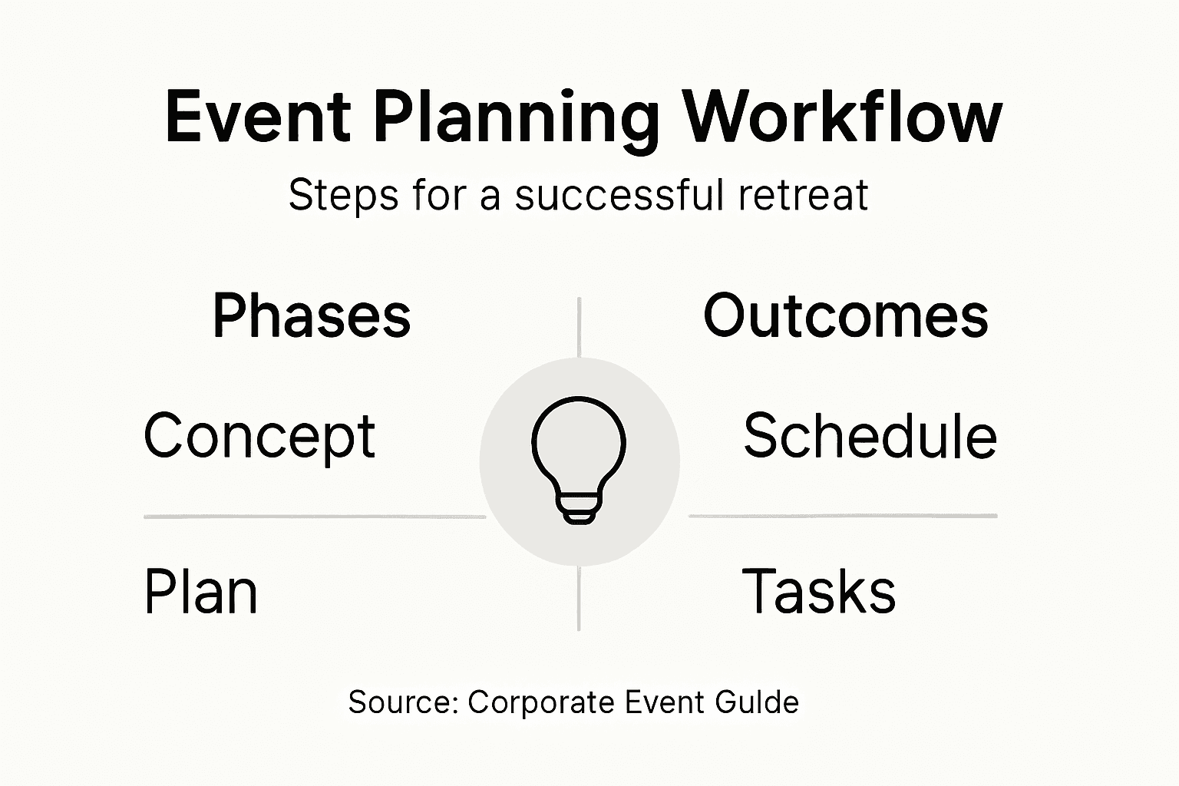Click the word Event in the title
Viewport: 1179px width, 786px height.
(258, 117)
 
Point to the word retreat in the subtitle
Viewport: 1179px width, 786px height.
(803, 195)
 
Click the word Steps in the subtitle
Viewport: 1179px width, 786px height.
(343, 195)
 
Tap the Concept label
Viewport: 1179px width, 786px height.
(259, 437)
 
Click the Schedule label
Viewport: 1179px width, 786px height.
(870, 435)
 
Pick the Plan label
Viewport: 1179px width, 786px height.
(200, 591)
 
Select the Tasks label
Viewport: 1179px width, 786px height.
(818, 591)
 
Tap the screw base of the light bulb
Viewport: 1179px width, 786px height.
(579, 509)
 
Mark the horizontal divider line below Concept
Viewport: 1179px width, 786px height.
(315, 517)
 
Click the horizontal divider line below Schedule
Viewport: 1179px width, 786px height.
(843, 516)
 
